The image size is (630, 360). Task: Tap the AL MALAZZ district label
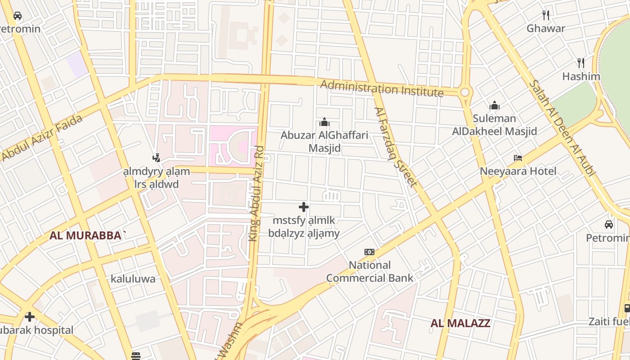460,323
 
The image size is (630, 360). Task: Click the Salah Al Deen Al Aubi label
562,128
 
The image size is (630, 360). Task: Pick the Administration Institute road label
382,88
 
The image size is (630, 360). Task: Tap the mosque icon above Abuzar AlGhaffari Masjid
324,122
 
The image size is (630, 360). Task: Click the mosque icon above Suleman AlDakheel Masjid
495,106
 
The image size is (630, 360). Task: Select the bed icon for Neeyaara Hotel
518,158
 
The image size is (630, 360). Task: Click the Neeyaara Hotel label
518,171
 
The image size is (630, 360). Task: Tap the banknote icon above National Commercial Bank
369,252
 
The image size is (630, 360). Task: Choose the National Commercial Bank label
369,271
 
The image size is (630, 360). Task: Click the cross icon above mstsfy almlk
304,207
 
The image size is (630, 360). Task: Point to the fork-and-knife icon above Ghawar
546,15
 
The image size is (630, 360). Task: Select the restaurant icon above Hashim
581,63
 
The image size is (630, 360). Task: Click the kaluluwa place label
133,279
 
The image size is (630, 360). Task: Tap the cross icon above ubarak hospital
30,317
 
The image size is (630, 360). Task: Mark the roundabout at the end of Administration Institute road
465,92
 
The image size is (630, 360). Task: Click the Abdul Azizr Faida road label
42,138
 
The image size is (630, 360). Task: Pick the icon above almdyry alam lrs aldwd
156,158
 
